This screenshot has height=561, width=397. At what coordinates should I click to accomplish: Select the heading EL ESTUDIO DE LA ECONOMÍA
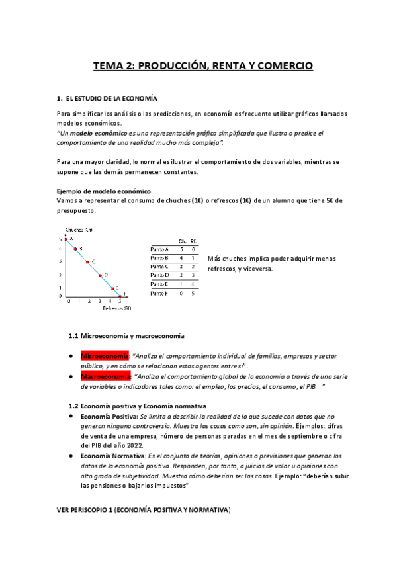coord(112,99)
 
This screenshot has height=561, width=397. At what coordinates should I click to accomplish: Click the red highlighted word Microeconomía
coord(105,356)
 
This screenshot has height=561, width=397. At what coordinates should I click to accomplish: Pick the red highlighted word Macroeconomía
coord(105,376)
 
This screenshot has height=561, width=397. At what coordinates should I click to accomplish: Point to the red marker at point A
coord(66,239)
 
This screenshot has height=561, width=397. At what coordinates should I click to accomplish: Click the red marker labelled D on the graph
coord(100,275)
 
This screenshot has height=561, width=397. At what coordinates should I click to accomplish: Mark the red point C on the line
coord(88,262)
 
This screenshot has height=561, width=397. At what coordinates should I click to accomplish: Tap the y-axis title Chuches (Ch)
coord(78,230)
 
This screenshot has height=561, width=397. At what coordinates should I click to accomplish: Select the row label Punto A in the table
coord(159,249)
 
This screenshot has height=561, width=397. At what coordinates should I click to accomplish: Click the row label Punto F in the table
coord(159,292)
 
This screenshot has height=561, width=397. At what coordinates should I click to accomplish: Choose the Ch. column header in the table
coord(182,241)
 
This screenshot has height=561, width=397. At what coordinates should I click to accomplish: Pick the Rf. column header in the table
coord(193,241)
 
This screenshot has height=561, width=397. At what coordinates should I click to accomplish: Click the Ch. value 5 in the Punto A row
coord(181,249)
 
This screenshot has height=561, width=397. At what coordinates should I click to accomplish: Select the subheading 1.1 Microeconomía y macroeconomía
coord(127,336)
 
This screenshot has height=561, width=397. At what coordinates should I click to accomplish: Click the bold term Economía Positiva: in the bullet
coord(109,417)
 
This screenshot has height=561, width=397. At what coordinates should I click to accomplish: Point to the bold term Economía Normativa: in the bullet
coord(110,456)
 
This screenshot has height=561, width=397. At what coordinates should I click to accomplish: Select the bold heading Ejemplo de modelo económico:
coord(105,191)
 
